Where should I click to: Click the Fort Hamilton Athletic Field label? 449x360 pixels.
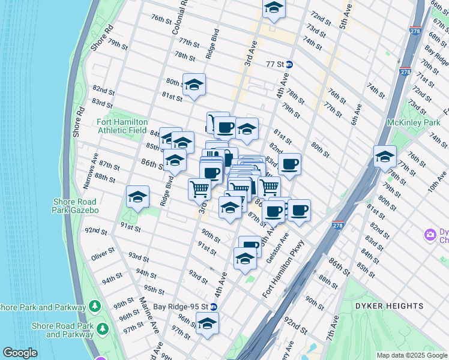122,126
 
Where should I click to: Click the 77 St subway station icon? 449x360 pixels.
289,64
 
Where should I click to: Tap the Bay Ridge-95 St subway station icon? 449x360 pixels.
213,307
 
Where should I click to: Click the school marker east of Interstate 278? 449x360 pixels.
385,157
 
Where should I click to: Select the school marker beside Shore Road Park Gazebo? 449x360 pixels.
137,197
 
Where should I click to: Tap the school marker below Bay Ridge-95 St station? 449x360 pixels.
207,323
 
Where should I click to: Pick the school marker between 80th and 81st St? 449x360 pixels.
194,85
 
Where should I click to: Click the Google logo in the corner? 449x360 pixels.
20,353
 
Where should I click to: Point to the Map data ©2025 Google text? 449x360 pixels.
411,355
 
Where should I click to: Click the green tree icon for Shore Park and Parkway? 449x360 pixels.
94,306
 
